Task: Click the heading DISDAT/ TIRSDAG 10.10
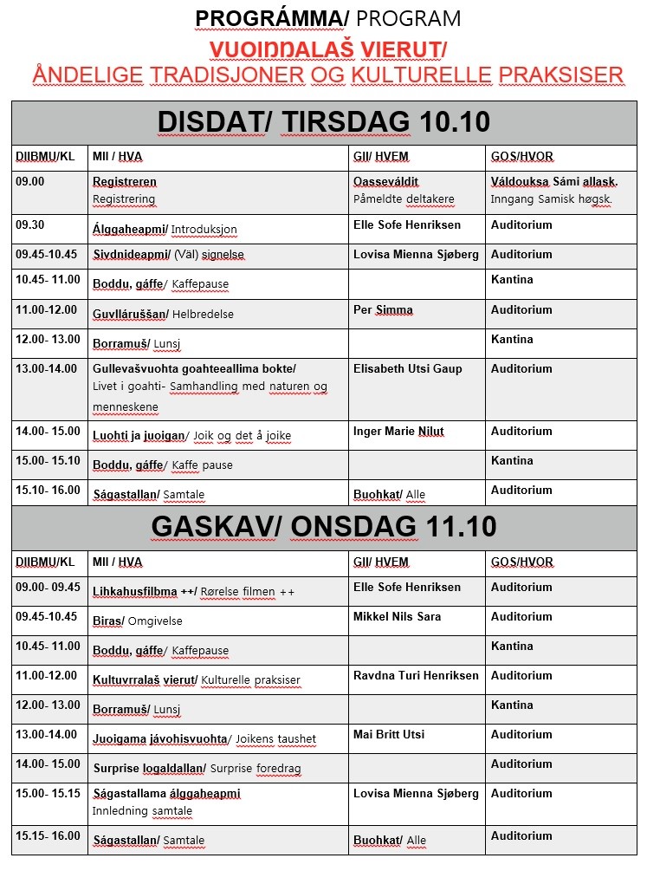pos(324,122)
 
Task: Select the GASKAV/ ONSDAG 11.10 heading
pos(324,527)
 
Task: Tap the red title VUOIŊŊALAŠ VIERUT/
pos(328,48)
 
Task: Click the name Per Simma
pos(383,310)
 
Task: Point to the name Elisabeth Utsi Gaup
pos(406,368)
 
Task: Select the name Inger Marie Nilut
pos(398,432)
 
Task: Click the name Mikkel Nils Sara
pos(397,617)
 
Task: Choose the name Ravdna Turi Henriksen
pos(416,676)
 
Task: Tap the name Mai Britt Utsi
pos(389,735)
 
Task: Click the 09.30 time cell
pos(29,224)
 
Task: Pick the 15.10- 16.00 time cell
pos(48,491)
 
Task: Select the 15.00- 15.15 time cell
pos(48,793)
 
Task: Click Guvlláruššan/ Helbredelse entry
pos(163,313)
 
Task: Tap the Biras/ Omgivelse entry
pos(138,621)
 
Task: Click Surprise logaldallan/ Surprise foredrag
pos(185,768)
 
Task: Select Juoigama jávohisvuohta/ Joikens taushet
pos(204,738)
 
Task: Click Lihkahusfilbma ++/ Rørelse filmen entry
pos(194,591)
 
